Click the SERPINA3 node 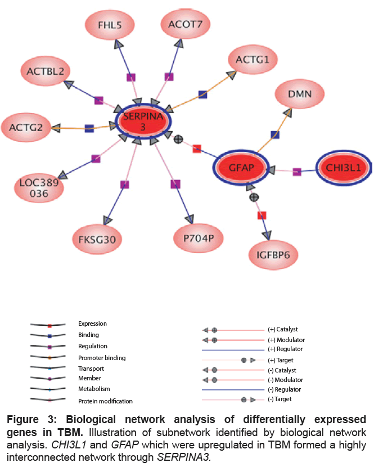[143, 122]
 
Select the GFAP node [242, 167]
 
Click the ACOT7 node [186, 24]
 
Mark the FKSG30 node [97, 239]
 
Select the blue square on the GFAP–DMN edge [275, 135]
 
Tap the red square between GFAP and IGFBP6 [262, 215]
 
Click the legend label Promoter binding [102, 358]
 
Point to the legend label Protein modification [105, 401]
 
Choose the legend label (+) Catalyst [283, 329]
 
